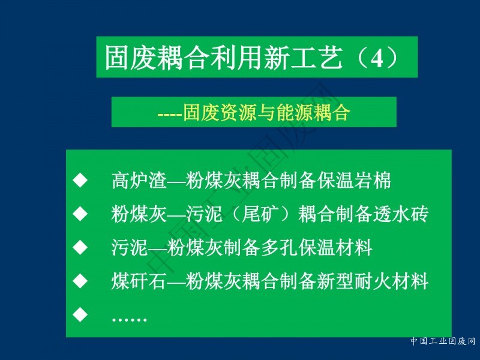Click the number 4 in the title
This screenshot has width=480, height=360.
pyautogui.click(x=377, y=58)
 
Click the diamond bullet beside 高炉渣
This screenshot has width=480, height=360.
pyautogui.click(x=80, y=180)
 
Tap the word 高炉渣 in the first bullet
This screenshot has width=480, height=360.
pyautogui.click(x=139, y=181)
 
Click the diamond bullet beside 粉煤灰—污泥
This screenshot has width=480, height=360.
pyautogui.click(x=80, y=214)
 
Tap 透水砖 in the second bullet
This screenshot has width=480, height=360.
pyautogui.click(x=400, y=214)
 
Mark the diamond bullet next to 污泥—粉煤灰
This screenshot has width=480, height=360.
pyautogui.click(x=80, y=247)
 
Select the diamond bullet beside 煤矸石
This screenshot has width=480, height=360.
pyautogui.click(x=80, y=280)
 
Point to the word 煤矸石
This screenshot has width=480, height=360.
pyautogui.click(x=139, y=281)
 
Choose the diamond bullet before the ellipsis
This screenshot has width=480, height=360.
pyautogui.click(x=80, y=314)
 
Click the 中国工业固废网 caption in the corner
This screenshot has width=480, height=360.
pyautogui.click(x=443, y=341)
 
